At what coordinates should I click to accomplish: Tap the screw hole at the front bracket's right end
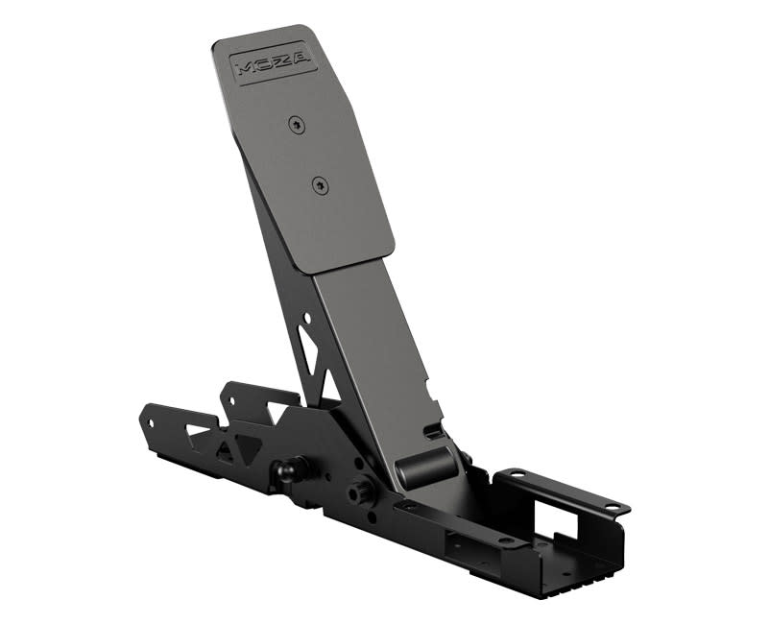(x=612, y=506)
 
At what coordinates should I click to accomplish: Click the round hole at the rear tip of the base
(x=149, y=419)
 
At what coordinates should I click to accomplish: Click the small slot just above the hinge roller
(x=435, y=434)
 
